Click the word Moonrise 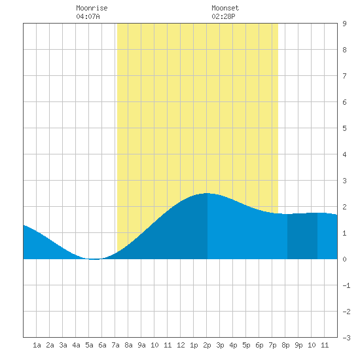[92, 8]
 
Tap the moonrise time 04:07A [88, 16]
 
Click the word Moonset [225, 8]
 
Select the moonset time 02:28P [223, 16]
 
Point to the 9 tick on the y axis [344, 24]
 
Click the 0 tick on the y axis [344, 259]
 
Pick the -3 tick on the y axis [346, 338]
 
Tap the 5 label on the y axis [344, 128]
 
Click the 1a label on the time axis [37, 345]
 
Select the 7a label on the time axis [115, 345]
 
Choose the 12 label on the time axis [181, 345]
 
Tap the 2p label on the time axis [207, 345]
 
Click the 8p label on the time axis [285, 345]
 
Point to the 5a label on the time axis [89, 345]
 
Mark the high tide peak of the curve [207, 193]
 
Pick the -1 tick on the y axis [346, 285]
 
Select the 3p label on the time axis [220, 345]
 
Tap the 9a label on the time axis [141, 345]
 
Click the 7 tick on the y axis [344, 76]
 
